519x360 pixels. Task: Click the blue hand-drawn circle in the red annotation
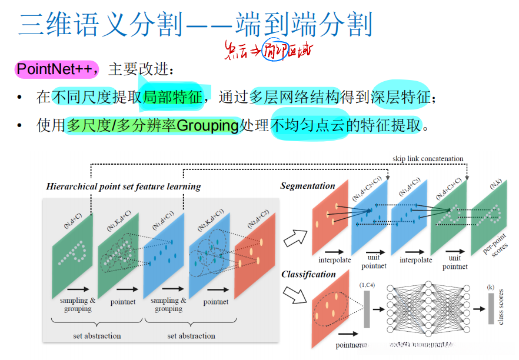(x=271, y=51)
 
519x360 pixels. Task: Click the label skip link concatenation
(x=428, y=159)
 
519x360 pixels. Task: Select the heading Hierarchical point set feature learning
(x=124, y=186)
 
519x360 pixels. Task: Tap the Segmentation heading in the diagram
(x=307, y=186)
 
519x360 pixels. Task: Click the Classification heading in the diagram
(x=308, y=274)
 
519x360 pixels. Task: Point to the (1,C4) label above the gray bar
(x=367, y=285)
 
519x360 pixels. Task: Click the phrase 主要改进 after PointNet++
(x=141, y=70)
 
